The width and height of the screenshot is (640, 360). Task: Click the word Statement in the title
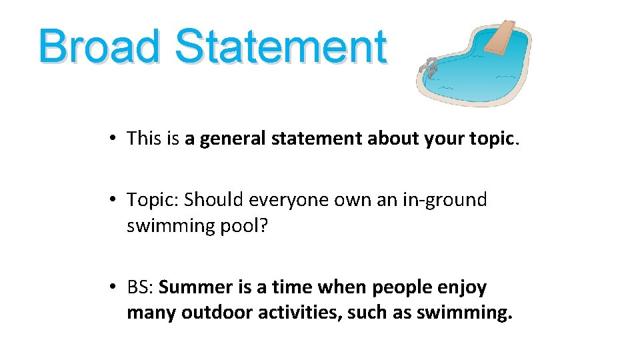click(281, 47)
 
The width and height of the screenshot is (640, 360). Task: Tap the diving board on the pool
click(501, 37)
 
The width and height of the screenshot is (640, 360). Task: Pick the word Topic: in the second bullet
click(153, 199)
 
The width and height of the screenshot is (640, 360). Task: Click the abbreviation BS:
click(141, 287)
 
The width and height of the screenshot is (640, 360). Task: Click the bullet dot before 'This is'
click(115, 139)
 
